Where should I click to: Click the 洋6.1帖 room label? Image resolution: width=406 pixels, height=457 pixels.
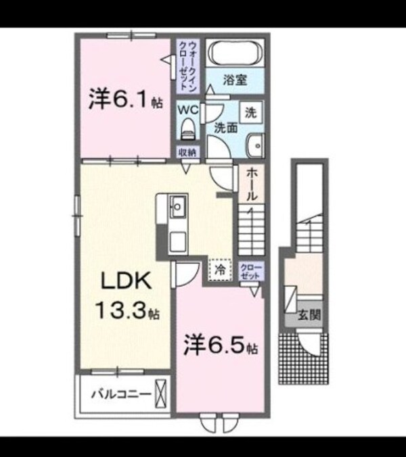[x=125, y=102]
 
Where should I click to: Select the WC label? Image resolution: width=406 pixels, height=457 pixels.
[x=187, y=108]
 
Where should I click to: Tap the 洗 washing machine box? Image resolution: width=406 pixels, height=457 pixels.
[x=251, y=113]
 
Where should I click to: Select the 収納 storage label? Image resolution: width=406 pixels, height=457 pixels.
[x=187, y=152]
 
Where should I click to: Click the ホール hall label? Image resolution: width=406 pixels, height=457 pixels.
[x=250, y=185]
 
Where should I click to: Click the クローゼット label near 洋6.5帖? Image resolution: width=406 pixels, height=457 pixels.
[x=250, y=272]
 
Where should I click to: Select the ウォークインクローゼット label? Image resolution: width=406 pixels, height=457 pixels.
[x=188, y=66]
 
